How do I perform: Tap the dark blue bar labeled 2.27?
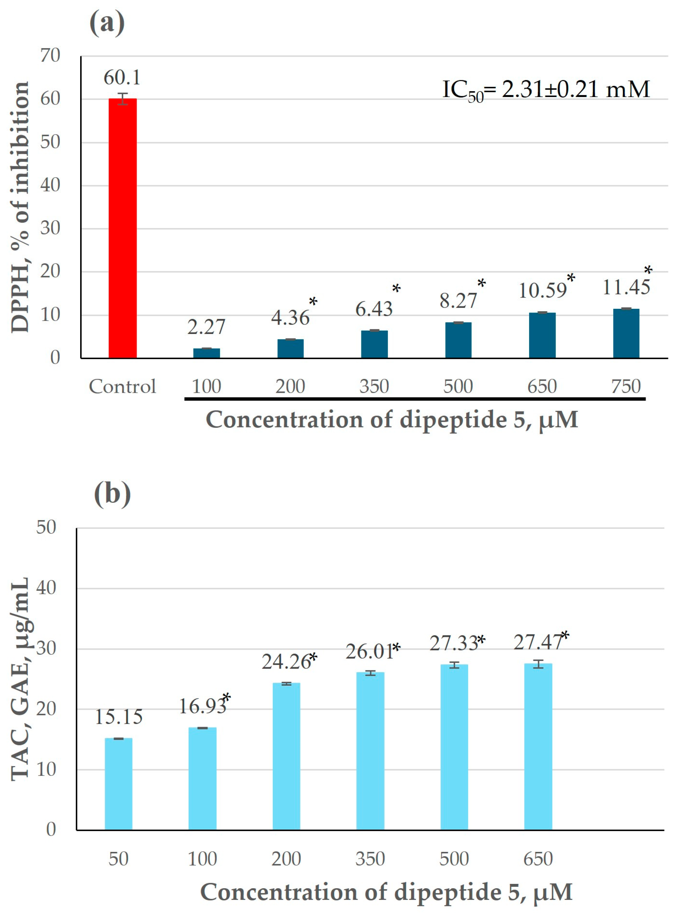(x=206, y=353)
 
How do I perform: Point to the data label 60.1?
(x=122, y=78)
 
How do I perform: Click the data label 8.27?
(x=458, y=301)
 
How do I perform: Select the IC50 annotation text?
(x=546, y=90)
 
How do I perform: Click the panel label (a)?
(x=107, y=23)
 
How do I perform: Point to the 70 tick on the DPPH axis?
(x=50, y=55)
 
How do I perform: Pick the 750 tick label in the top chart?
(x=626, y=386)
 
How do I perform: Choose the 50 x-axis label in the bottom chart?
(x=118, y=859)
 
